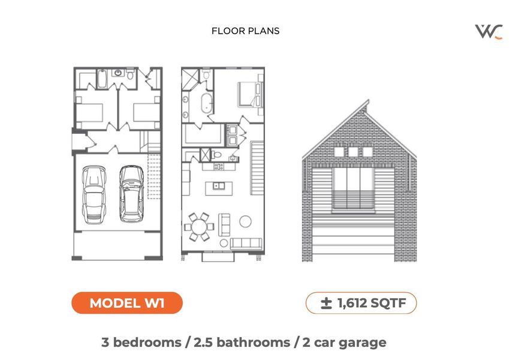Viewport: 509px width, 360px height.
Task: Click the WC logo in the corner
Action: tap(489, 31)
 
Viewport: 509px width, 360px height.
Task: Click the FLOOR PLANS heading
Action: tap(245, 31)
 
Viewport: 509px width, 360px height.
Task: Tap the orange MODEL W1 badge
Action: tap(127, 303)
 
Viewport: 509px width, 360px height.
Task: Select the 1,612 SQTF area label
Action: tap(361, 303)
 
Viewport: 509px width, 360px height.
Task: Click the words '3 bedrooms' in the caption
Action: tap(141, 343)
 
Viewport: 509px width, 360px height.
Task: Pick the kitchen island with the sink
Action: tap(219, 186)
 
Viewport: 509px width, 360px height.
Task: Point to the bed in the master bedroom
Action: tap(250, 94)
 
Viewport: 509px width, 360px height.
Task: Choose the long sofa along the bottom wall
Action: tap(246, 243)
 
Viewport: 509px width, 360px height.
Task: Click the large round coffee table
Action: tap(246, 221)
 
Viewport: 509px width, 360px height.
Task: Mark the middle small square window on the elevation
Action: tap(353, 152)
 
